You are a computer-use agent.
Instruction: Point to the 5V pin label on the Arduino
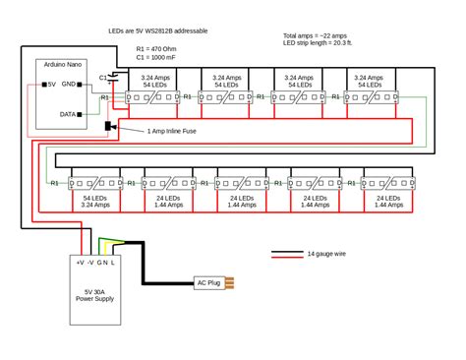53,85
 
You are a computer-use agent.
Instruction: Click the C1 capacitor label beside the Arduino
102,78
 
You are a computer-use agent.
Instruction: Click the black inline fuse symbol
109,128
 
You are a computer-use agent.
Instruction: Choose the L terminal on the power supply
114,263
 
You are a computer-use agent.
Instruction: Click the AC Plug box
207,283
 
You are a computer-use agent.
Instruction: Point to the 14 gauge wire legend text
327,254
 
